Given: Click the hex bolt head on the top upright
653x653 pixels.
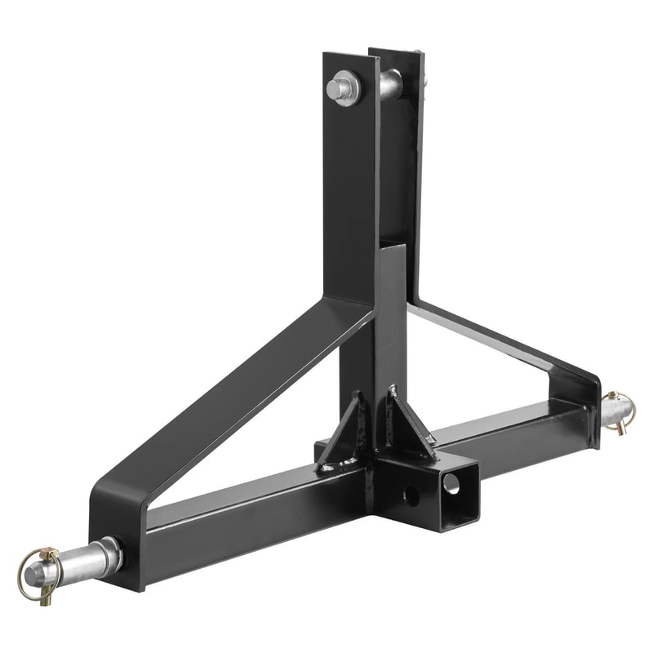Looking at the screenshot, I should pyautogui.click(x=342, y=87).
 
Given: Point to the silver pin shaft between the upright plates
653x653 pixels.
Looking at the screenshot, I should pyautogui.click(x=390, y=83).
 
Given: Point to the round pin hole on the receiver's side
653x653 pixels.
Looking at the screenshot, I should pyautogui.click(x=411, y=495).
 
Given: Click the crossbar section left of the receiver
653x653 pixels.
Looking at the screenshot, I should pyautogui.click(x=245, y=522).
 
